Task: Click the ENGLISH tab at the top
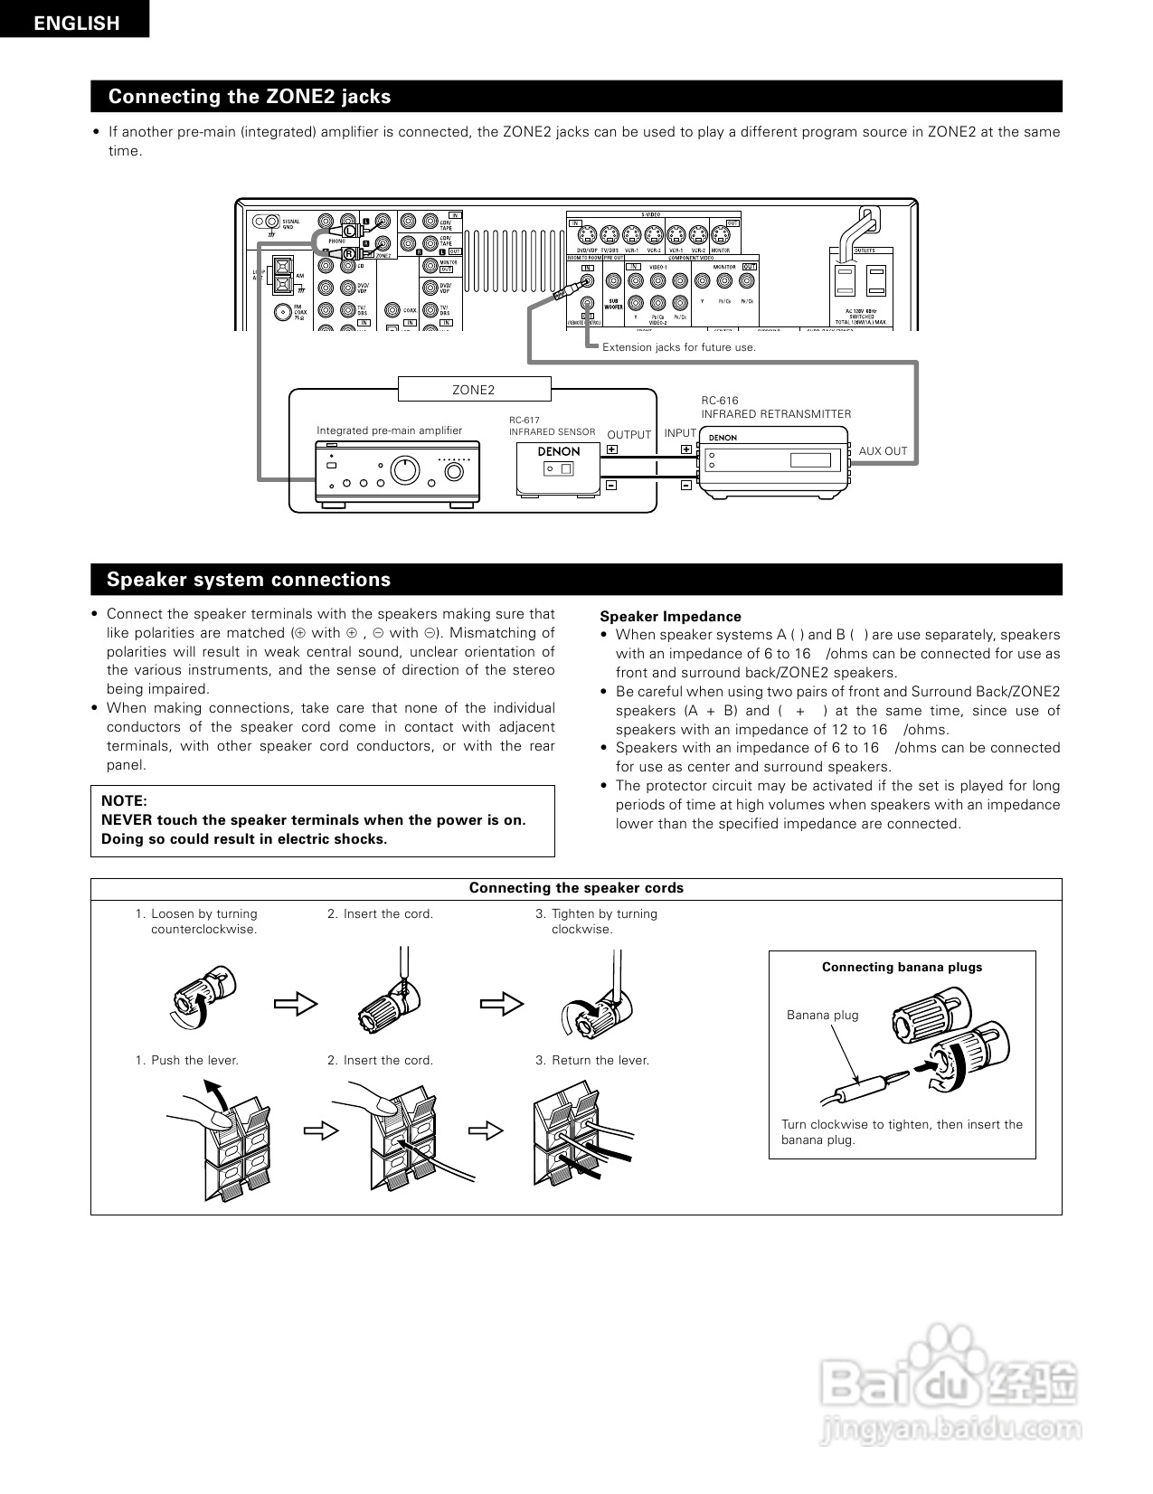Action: [76, 23]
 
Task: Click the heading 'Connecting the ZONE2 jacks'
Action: [250, 97]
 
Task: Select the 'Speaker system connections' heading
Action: [249, 580]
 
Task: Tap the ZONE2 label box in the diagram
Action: [474, 390]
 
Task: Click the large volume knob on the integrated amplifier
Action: [404, 469]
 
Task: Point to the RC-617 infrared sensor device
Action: [558, 468]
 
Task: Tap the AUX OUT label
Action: [883, 451]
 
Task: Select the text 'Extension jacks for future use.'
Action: [678, 347]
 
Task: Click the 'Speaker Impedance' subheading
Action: [670, 617]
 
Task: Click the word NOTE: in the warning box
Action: [124, 800]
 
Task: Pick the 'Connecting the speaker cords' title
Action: [576, 888]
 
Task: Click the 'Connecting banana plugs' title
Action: [902, 967]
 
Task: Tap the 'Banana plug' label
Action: [822, 1015]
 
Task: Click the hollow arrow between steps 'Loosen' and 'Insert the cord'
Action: [296, 1003]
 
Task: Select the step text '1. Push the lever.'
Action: [187, 1060]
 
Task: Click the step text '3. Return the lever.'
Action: [592, 1060]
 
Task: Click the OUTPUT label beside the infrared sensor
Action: [628, 435]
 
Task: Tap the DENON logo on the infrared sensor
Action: [559, 451]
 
